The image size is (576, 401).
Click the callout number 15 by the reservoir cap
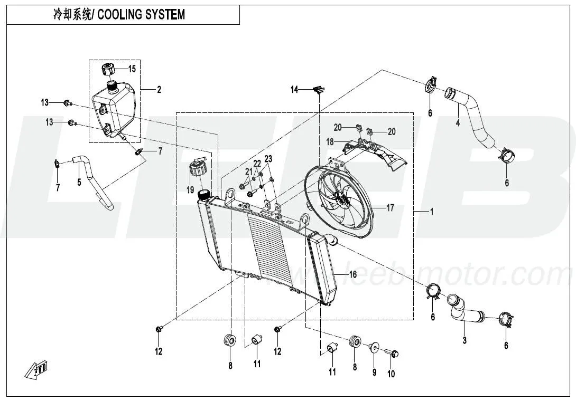coord(132,69)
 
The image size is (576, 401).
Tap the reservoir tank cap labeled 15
coord(108,69)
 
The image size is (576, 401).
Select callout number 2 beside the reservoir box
coord(159,90)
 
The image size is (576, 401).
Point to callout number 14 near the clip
coord(294,90)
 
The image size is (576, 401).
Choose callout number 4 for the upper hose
coord(458,123)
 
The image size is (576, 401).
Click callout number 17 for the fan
coord(390,208)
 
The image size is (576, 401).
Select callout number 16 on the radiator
coord(352,274)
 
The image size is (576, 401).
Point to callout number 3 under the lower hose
coord(464,340)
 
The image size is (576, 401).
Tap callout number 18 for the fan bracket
coord(329,142)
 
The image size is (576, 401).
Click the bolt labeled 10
coord(393,353)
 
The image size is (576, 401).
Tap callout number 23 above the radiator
coord(268,159)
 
